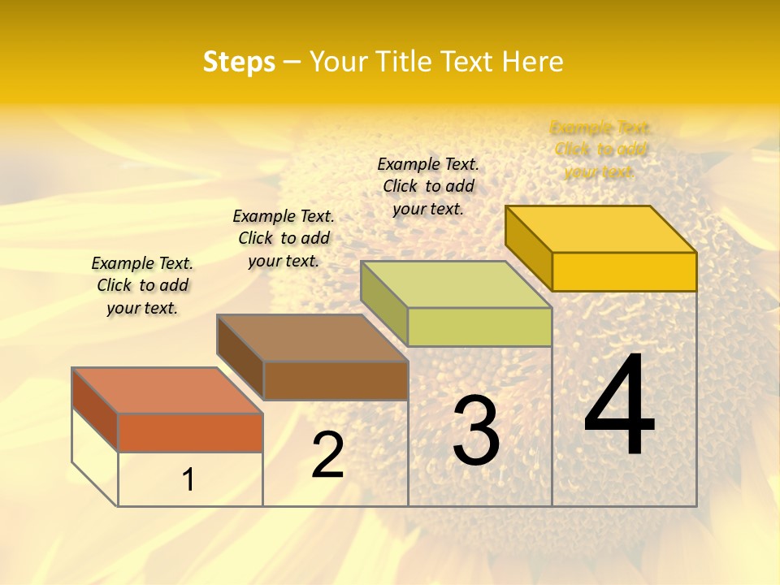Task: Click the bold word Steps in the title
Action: click(x=239, y=62)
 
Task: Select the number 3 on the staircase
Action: click(x=476, y=430)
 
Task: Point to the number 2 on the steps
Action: click(x=327, y=455)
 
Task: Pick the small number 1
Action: click(x=188, y=479)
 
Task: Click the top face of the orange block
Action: click(x=167, y=391)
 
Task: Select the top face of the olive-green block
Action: click(x=457, y=284)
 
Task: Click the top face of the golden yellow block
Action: click(x=601, y=229)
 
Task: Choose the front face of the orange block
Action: click(x=190, y=432)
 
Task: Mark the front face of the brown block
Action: click(x=336, y=380)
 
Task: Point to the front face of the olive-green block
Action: click(x=479, y=327)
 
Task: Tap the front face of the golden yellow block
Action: click(x=624, y=271)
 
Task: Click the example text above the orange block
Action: click(x=142, y=285)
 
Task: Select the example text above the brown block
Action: click(x=284, y=238)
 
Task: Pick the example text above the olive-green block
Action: click(x=428, y=186)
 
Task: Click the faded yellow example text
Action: click(x=600, y=149)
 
